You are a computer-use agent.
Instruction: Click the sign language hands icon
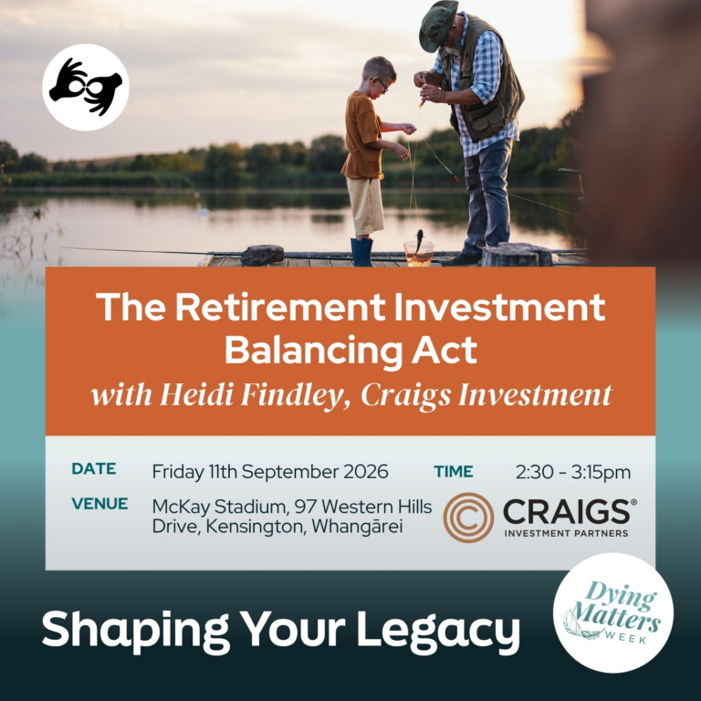click(x=86, y=88)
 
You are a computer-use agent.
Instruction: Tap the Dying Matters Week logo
click(x=613, y=612)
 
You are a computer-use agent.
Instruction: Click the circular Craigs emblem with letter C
click(x=468, y=518)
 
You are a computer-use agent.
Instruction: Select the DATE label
click(x=94, y=468)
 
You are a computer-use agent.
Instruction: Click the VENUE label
click(x=99, y=504)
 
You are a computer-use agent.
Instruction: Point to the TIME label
click(x=454, y=472)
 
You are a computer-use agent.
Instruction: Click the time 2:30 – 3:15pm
click(x=573, y=473)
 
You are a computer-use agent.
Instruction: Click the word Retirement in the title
click(x=280, y=307)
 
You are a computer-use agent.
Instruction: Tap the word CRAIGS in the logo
click(x=567, y=511)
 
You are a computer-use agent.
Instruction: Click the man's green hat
click(x=438, y=25)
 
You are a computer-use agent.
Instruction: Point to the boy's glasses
click(x=381, y=84)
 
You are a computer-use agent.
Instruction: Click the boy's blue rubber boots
click(x=361, y=252)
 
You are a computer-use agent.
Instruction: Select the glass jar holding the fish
click(x=418, y=253)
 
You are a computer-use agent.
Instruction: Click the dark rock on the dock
click(x=263, y=255)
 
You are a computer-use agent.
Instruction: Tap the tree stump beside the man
click(x=517, y=255)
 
